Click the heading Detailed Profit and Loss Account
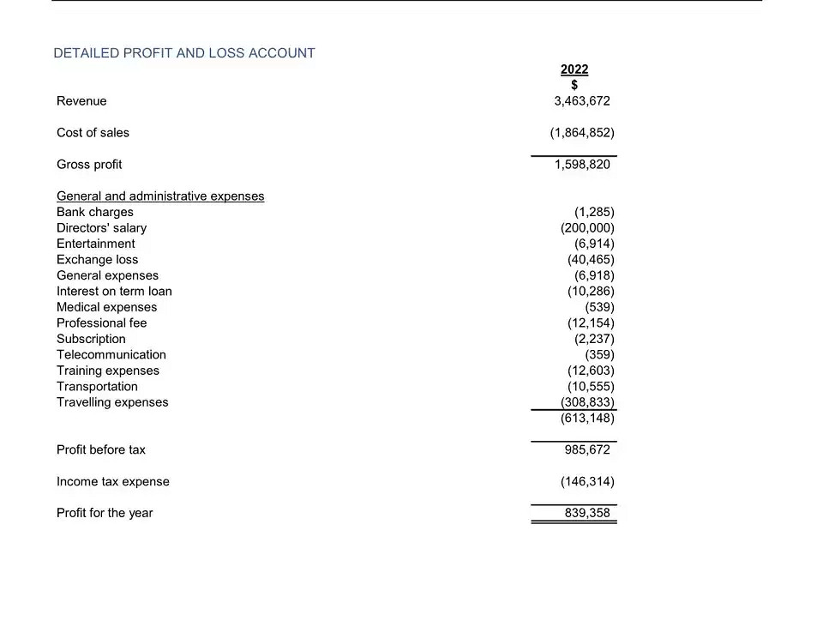point(184,53)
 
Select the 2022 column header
point(574,69)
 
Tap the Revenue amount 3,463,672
point(582,101)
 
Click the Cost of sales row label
point(93,133)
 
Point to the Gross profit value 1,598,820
point(582,165)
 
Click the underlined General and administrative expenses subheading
point(160,196)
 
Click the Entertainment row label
point(95,244)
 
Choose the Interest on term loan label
point(114,292)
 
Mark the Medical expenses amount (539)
point(599,307)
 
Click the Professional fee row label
point(101,323)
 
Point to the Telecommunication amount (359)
point(599,355)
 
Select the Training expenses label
point(108,371)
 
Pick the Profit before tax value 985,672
point(587,449)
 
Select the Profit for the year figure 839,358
point(587,513)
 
